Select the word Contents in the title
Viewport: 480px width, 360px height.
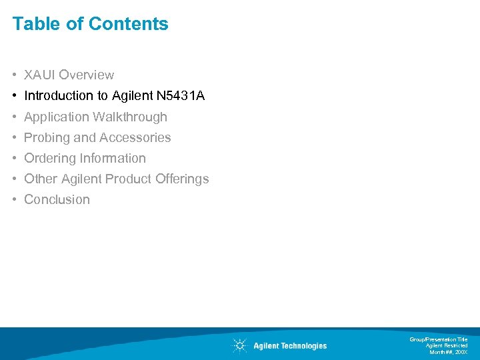tap(129, 24)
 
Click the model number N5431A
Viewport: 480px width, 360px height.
tap(181, 96)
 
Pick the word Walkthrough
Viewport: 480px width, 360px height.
tap(130, 117)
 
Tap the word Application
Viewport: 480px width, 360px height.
tap(57, 117)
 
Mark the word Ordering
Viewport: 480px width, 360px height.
tap(50, 158)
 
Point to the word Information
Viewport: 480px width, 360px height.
tap(114, 158)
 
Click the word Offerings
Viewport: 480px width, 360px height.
tap(182, 179)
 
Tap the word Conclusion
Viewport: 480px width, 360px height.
tap(57, 199)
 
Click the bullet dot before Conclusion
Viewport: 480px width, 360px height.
tap(15, 199)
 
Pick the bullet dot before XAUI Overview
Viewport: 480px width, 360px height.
tap(15, 75)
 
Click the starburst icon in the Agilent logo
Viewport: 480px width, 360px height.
tap(239, 345)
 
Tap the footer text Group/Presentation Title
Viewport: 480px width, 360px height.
tap(439, 339)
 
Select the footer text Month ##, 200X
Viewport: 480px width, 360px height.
tap(449, 351)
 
